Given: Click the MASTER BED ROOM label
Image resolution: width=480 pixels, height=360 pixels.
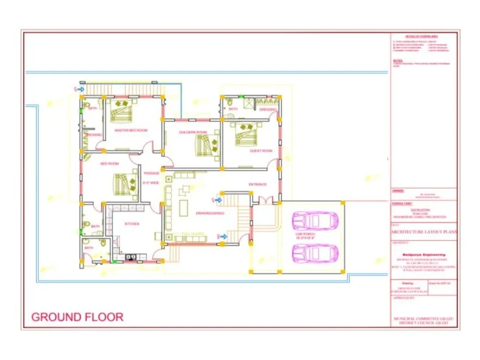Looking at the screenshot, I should [131, 130].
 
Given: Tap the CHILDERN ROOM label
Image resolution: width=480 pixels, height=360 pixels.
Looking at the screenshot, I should [192, 132].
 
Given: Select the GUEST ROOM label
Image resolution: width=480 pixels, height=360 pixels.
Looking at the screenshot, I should [261, 151].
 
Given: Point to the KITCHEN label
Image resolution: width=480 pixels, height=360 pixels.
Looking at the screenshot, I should [132, 224].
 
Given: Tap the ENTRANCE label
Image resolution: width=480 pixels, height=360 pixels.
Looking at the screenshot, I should [257, 184].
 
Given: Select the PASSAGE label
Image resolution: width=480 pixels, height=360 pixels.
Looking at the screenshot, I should [151, 173].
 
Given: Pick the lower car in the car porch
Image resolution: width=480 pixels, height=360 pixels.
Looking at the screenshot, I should [315, 253].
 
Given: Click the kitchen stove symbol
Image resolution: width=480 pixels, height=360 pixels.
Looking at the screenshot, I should [130, 257].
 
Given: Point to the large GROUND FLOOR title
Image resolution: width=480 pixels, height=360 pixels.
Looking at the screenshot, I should [77, 317].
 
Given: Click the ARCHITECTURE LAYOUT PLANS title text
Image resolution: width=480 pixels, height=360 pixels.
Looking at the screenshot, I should [424, 232].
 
